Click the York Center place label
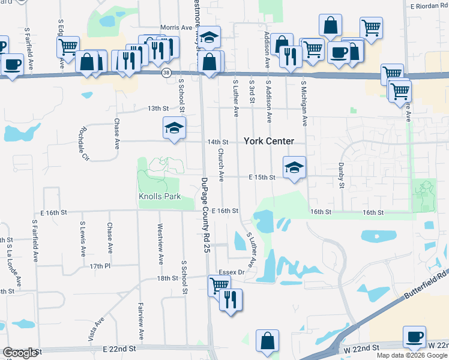point(269,141)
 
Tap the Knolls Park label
point(160,197)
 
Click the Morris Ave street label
point(176,28)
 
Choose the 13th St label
point(142,108)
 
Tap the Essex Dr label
point(232,272)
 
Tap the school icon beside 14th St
point(174,128)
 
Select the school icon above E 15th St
point(294,167)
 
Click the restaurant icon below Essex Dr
point(231,299)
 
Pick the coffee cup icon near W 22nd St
point(414,336)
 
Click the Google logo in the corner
point(20,353)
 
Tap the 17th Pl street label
point(100,265)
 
